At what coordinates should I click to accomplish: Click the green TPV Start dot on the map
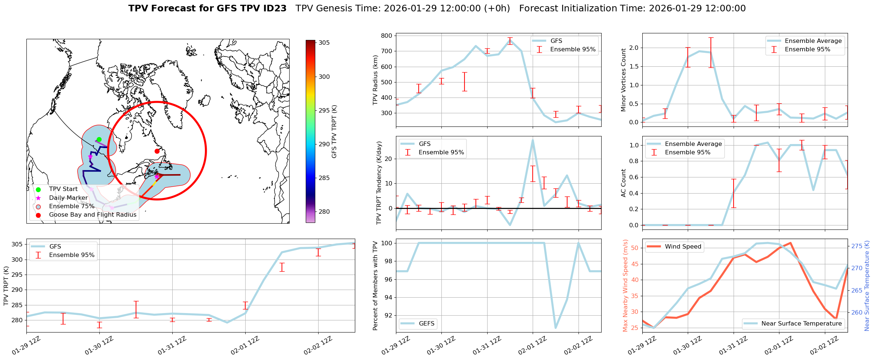pos(99,139)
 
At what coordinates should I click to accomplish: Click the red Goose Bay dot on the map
pos(157,151)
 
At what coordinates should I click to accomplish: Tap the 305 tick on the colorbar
pos(324,43)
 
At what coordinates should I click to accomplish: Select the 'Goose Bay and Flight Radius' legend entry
pos(92,215)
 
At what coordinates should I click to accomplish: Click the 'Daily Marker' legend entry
pos(68,198)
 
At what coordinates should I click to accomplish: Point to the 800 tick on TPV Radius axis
pos(388,36)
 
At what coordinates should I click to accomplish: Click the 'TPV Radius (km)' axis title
pos(375,80)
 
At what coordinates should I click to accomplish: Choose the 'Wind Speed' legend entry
pos(683,247)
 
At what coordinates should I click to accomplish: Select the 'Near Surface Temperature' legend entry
pos(801,324)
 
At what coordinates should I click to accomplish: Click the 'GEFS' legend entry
pos(426,324)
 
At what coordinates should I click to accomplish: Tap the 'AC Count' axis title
pos(624,183)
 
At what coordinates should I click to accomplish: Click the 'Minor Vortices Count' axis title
pos(624,80)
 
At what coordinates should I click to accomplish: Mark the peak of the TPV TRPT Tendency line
pos(533,140)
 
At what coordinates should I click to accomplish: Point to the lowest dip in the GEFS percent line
pos(556,328)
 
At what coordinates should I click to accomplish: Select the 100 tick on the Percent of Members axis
pos(388,243)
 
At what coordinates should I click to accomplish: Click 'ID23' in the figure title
pos(275,8)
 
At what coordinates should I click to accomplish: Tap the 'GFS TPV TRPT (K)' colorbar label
pos(334,131)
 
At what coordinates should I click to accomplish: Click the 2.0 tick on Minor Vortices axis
pos(634,48)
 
